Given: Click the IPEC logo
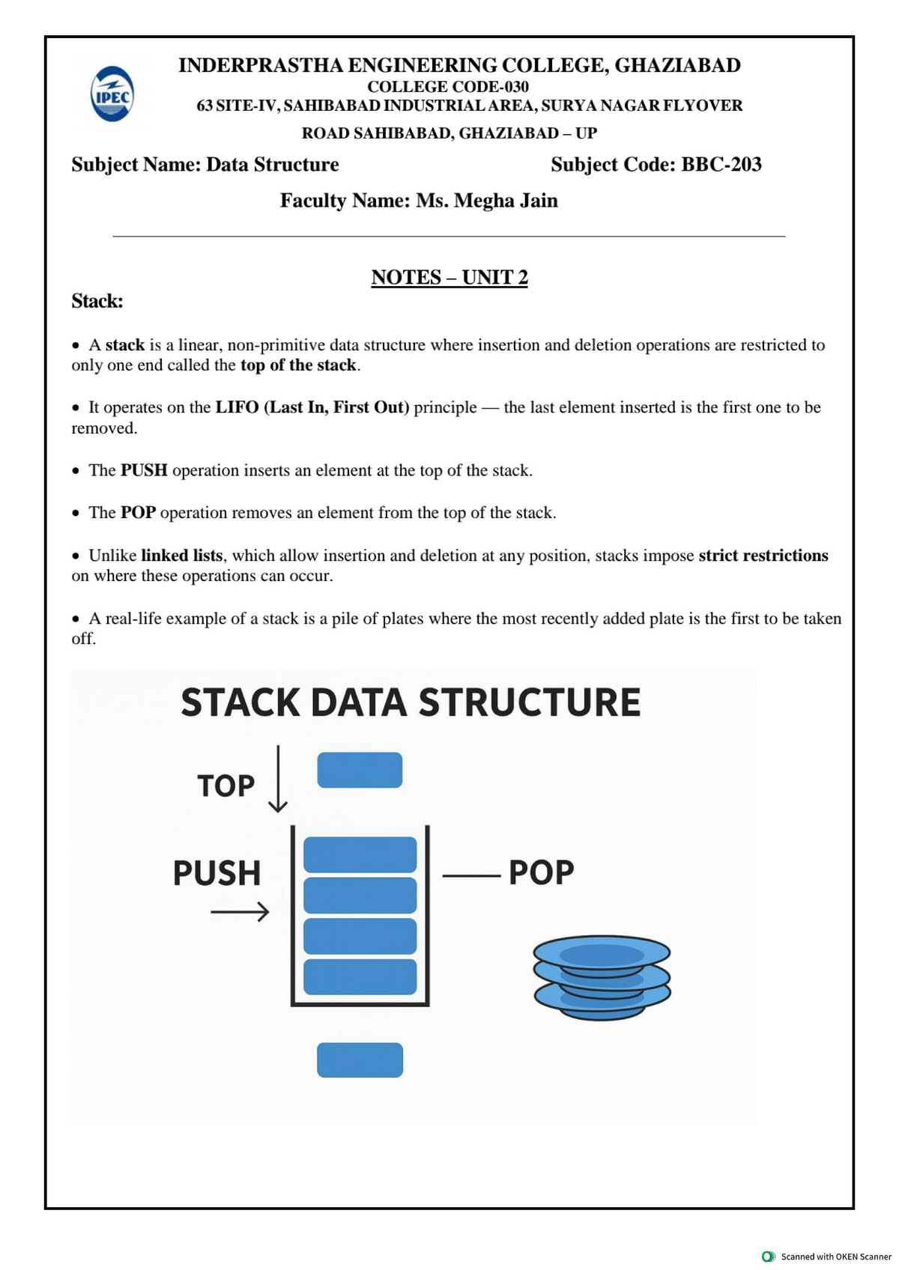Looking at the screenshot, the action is pos(112,94).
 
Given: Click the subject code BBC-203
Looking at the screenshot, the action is pos(721,165).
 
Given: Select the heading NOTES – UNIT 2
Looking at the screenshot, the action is pos(449,277).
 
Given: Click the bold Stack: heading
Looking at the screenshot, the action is pos(97,300).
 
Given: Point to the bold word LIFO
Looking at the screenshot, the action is pos(237,407).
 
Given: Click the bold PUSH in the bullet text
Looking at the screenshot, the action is pos(144,470).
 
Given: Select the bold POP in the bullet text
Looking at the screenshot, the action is pos(138,512).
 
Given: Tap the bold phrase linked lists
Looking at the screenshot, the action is pos(181,555).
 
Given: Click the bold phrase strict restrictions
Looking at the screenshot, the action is pos(763,555).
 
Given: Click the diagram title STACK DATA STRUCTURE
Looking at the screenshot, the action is pos(411,702).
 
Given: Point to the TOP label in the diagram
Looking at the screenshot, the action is pos(225,786).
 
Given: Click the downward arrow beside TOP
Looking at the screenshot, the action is pos(277,779).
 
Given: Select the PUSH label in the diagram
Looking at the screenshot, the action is pos(217,872).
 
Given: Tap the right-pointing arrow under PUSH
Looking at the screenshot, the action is pos(240,911).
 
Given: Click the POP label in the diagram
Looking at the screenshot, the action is pos(541,872).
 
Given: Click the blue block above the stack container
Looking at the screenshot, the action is pos(360,769).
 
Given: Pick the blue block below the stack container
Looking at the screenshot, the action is pos(360,1060).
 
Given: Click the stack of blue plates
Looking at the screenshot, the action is pos(602,977).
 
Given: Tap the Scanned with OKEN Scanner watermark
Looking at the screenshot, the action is pos(828,1257).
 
